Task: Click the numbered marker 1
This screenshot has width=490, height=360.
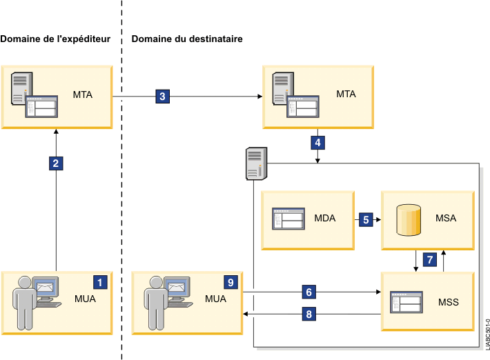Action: click(x=100, y=282)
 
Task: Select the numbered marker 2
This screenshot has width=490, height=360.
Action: click(x=56, y=163)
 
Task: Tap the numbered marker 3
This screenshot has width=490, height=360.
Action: click(x=162, y=97)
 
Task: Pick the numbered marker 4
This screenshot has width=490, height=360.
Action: click(x=317, y=143)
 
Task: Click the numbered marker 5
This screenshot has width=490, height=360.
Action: click(x=366, y=219)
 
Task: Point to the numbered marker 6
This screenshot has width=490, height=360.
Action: click(x=308, y=292)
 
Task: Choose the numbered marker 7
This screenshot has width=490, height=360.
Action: click(x=429, y=260)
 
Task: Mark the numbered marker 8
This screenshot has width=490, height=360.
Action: click(x=308, y=314)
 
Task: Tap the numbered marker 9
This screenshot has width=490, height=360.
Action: click(x=231, y=282)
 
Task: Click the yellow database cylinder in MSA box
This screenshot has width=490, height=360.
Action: click(x=408, y=220)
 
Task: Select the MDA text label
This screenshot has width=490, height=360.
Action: click(x=324, y=219)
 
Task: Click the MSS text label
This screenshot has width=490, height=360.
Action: click(x=449, y=302)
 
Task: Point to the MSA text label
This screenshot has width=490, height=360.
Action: click(x=446, y=219)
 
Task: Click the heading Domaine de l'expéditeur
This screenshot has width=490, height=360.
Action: click(x=56, y=39)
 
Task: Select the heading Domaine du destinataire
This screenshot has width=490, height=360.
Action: click(x=186, y=39)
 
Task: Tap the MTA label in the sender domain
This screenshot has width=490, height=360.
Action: click(x=83, y=94)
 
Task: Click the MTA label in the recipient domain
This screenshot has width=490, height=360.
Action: click(x=345, y=94)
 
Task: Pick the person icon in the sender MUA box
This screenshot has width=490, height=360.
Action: click(x=26, y=301)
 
